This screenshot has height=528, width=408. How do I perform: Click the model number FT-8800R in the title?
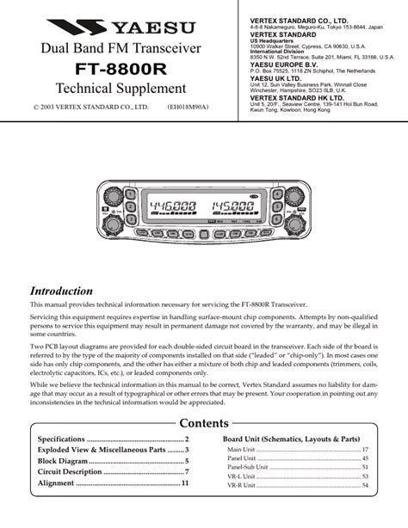point(120,67)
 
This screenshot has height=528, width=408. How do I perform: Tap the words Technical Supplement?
point(121,89)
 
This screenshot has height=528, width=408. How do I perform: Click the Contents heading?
point(203,423)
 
